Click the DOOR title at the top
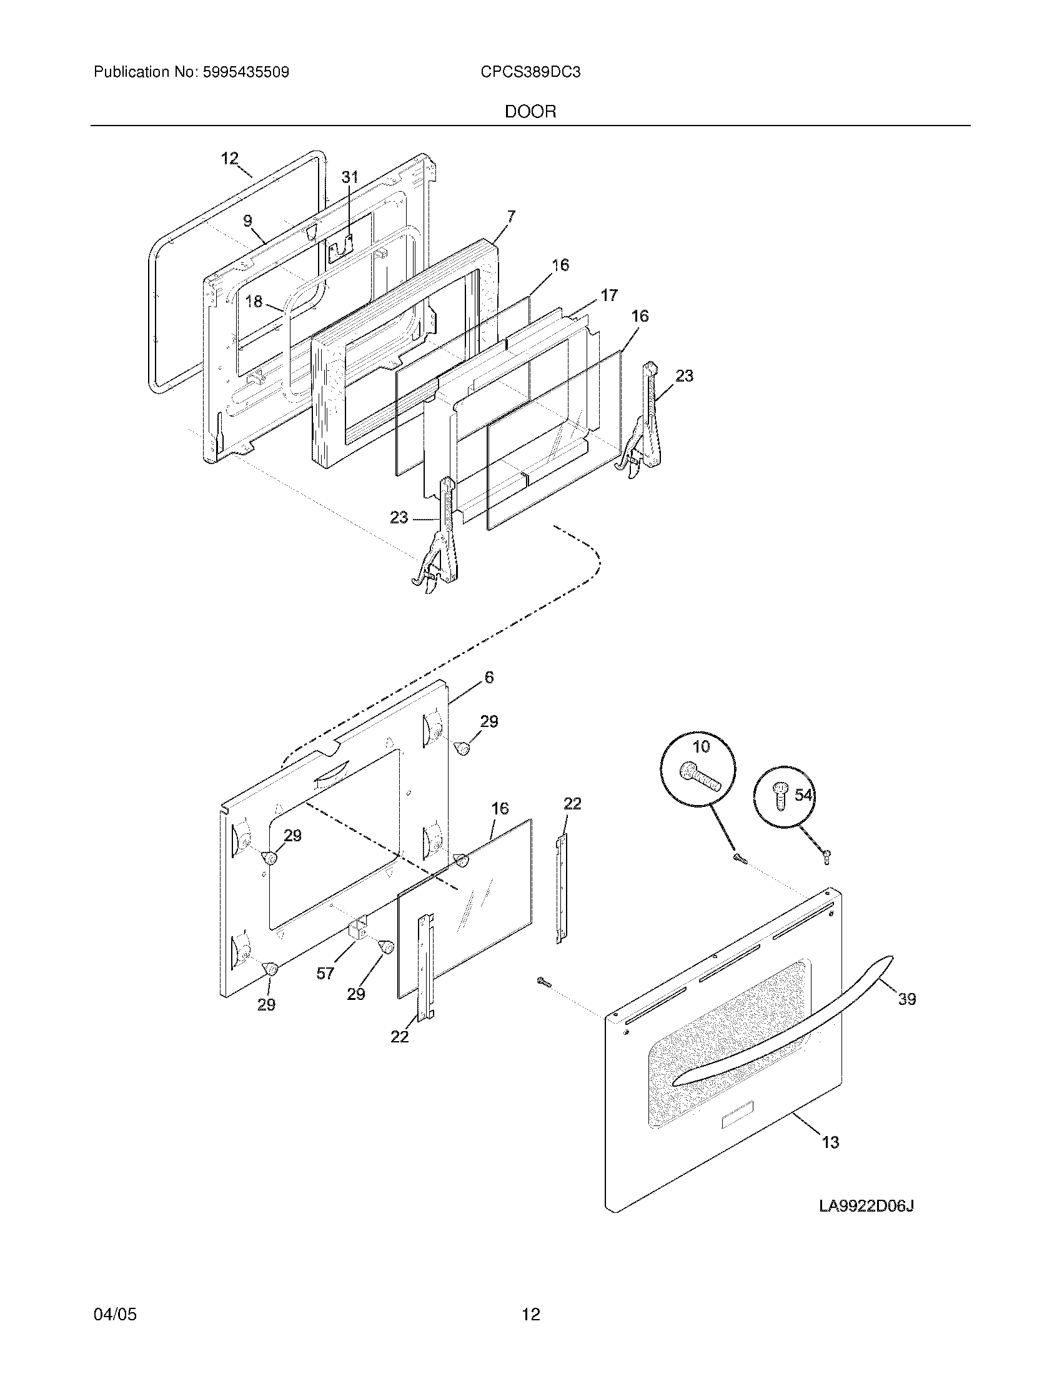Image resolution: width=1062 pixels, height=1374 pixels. click(530, 112)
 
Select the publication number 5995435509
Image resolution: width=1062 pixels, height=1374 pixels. click(246, 72)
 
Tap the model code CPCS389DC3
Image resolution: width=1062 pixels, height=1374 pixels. click(530, 72)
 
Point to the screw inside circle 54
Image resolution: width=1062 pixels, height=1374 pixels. click(781, 796)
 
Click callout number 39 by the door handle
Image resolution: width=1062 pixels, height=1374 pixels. click(906, 999)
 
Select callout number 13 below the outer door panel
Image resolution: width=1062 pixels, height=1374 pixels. click(830, 1142)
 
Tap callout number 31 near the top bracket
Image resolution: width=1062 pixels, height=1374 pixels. click(350, 177)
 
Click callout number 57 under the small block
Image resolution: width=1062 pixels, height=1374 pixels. click(325, 973)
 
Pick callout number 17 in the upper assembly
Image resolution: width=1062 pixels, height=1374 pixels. click(609, 294)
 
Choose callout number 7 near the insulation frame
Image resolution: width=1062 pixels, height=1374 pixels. click(511, 217)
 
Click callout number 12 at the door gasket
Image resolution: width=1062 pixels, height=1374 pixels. click(230, 158)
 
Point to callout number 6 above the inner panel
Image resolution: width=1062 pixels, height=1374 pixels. click(489, 677)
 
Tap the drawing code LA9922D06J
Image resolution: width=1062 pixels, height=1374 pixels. click(866, 1206)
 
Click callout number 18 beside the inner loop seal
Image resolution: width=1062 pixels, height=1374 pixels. click(254, 302)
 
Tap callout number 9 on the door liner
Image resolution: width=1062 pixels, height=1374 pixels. click(247, 220)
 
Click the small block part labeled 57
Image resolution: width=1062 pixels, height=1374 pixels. click(359, 928)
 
